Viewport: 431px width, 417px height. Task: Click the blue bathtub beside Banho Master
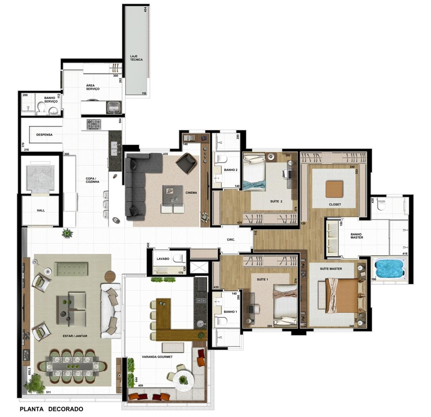coord(390,270)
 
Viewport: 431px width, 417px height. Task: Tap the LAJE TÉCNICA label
coord(136,58)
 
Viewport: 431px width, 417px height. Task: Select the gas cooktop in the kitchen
coord(94,124)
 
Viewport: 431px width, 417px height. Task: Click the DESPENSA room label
coord(44,135)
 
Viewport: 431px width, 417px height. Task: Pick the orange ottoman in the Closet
coord(334,189)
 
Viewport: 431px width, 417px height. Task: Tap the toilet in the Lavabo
coord(179,258)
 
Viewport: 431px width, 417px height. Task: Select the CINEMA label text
coord(191,192)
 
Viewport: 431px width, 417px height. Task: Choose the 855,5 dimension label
coord(30,371)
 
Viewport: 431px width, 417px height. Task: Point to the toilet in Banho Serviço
coord(41,108)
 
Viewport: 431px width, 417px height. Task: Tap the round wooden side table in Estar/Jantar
coord(110,276)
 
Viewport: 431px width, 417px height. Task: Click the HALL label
coord(41,210)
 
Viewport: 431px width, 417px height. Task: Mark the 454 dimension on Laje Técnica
coord(145,9)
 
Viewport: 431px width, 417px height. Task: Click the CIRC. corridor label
coord(231,240)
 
